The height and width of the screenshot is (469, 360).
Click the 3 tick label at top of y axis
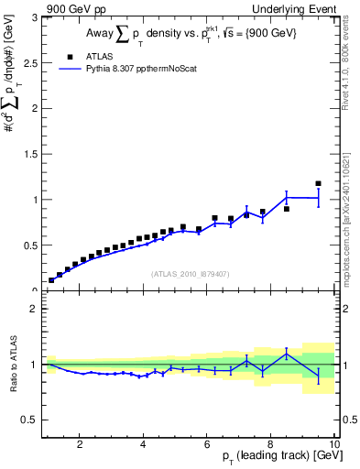[34, 18]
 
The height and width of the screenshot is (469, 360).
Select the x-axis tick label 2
[81, 446]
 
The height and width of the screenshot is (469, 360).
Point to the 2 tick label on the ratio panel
[34, 309]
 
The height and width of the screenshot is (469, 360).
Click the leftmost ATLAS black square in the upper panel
[51, 279]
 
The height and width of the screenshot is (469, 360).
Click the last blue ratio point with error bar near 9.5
[318, 376]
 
